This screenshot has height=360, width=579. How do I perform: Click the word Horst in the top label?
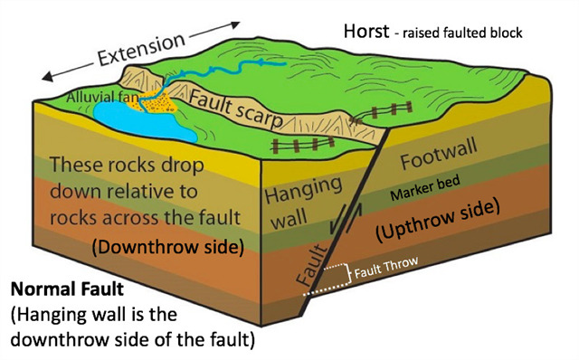tap(366, 30)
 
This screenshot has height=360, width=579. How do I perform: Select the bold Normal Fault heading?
tap(62, 293)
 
